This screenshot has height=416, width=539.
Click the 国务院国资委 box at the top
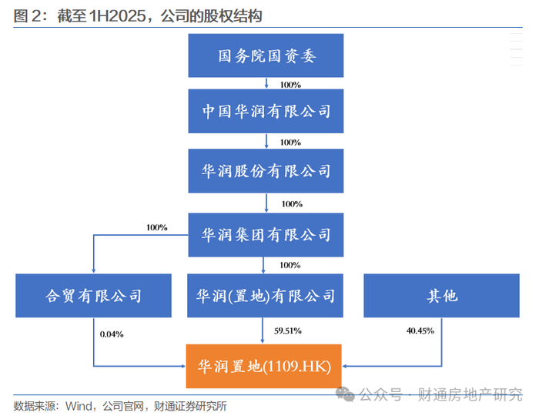(x=266, y=56)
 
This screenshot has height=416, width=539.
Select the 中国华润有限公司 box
(x=266, y=112)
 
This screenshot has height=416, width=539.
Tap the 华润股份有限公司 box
(x=266, y=170)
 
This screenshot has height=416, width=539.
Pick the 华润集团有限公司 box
(x=266, y=234)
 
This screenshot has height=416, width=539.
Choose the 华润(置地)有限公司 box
(x=266, y=295)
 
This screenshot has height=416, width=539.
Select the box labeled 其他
(x=442, y=295)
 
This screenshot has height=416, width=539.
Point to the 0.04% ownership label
(x=112, y=334)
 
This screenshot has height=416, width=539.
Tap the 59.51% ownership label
(x=288, y=330)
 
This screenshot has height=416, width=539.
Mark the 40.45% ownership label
(x=420, y=330)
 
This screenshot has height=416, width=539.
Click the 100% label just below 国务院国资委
(x=290, y=84)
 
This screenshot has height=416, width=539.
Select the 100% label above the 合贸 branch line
(x=156, y=227)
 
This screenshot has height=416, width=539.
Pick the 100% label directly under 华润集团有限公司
(x=290, y=265)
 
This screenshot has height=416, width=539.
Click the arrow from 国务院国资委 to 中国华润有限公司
(x=266, y=82)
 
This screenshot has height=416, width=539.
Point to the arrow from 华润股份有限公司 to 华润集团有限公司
(x=266, y=203)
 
